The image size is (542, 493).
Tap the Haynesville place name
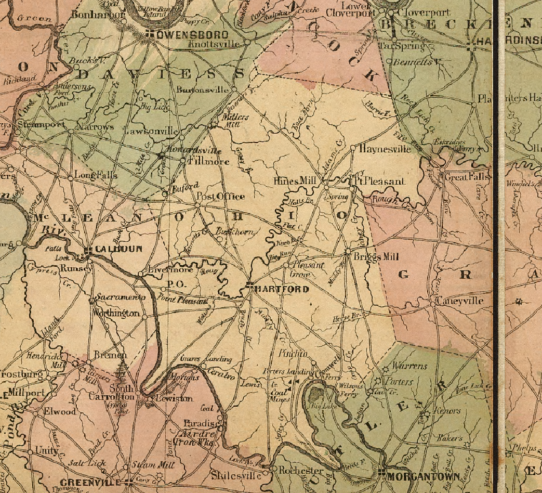point(385,149)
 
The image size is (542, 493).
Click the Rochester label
point(301,470)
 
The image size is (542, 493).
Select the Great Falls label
point(468,177)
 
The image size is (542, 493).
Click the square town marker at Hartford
point(250,286)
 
